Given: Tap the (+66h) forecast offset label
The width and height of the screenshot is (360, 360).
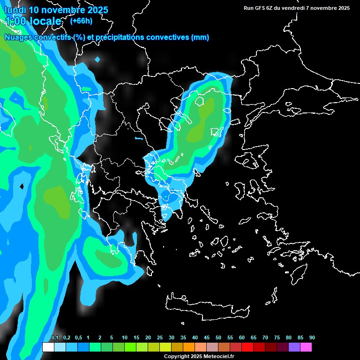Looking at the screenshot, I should (x=81, y=21).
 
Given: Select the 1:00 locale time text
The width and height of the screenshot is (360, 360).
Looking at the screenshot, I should (x=33, y=21).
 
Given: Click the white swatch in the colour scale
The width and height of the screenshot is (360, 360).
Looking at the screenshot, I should (x=48, y=347).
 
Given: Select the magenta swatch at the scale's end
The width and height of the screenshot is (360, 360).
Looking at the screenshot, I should (x=306, y=347).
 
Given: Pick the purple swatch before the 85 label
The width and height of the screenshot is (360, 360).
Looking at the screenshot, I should (x=294, y=347).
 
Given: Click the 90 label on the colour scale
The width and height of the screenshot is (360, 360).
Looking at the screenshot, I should (x=312, y=337).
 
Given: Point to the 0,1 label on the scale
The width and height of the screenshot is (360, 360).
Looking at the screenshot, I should (x=54, y=337).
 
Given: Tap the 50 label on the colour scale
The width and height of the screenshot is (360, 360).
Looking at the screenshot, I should (x=218, y=337).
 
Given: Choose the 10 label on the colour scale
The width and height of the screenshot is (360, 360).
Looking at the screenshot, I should (x=125, y=337).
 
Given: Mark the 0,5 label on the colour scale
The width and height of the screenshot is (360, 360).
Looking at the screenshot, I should (x=78, y=337).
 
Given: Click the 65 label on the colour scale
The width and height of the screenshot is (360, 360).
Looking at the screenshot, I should (x=254, y=337).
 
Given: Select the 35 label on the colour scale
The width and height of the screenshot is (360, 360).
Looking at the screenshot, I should (x=183, y=337).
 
